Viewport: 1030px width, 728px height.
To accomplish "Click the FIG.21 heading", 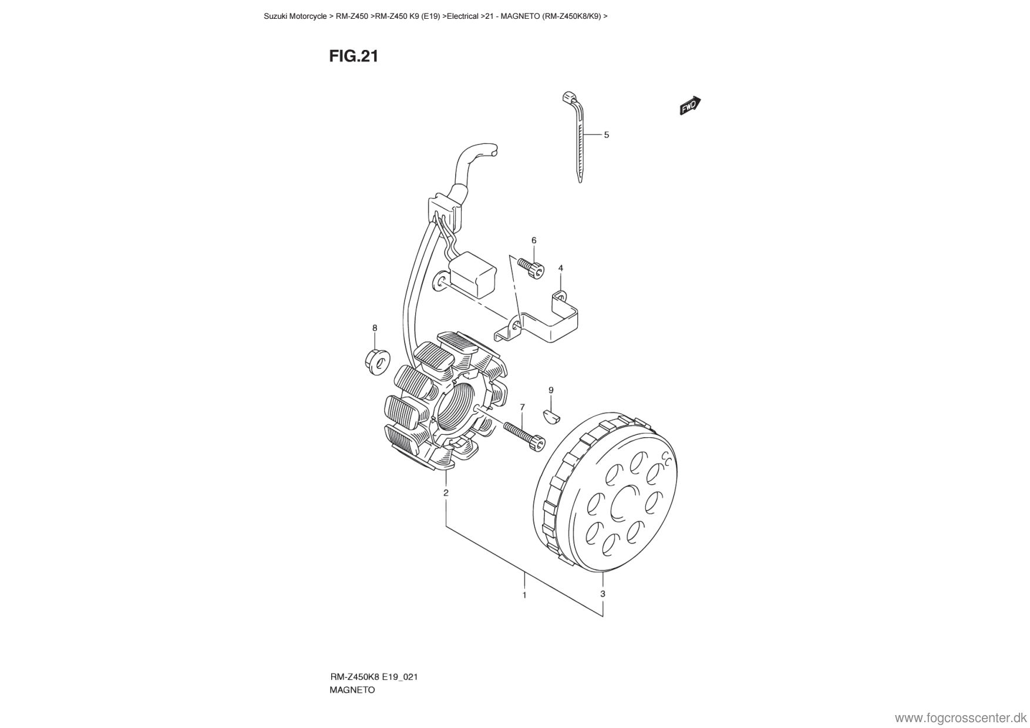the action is (354, 56).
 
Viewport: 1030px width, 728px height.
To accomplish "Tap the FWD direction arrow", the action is (691, 106).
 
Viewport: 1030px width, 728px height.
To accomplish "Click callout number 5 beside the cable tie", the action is (607, 135).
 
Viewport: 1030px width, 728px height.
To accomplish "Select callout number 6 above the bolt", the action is (534, 240).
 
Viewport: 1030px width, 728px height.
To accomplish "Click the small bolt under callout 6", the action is (531, 268).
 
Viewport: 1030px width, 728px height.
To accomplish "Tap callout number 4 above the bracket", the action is (561, 268).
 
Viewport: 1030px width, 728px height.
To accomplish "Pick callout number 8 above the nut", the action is (375, 328).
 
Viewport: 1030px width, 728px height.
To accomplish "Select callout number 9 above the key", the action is (551, 390).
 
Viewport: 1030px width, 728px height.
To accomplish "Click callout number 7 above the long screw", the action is (522, 407).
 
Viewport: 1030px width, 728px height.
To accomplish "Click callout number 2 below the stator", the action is (446, 492).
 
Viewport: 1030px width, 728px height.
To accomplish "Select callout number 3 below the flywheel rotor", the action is (603, 593).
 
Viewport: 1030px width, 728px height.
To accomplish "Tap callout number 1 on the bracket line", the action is (524, 595).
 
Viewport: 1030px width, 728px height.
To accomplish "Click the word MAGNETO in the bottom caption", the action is (352, 690).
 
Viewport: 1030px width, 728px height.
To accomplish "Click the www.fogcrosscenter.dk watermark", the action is (961, 718).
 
